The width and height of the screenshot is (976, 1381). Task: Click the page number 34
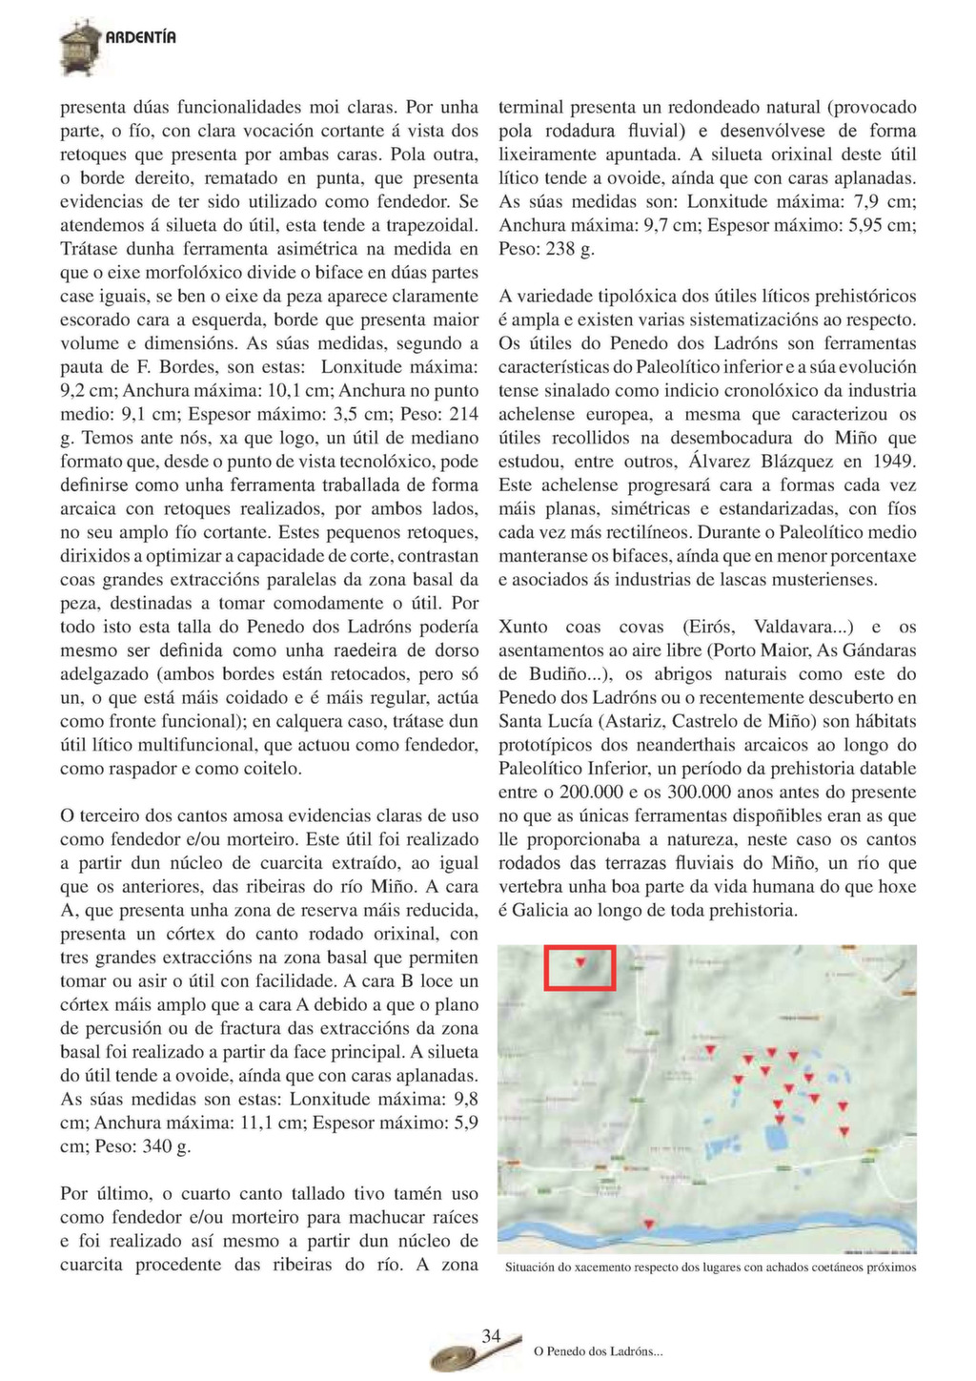[x=491, y=1336]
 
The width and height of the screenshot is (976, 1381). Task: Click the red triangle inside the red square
[x=580, y=963]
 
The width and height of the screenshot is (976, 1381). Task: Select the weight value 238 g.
[x=570, y=250]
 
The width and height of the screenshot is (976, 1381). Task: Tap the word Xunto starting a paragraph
[x=523, y=627]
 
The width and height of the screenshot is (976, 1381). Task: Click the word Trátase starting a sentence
[x=88, y=250]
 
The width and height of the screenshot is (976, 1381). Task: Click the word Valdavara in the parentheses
[x=795, y=627]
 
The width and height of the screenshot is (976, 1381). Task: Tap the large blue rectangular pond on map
[x=774, y=1137]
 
